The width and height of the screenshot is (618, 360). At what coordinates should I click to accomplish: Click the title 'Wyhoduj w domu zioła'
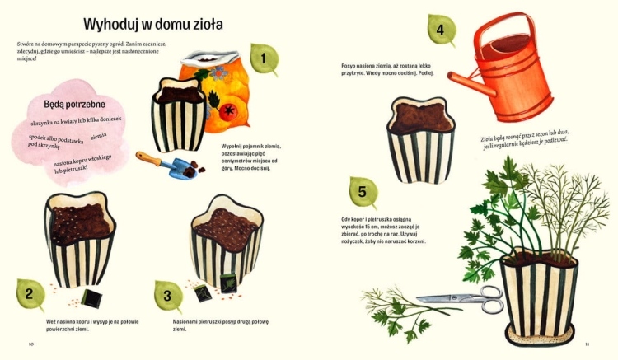pos(153,24)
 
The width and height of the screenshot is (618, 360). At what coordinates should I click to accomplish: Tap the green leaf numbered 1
pos(264,58)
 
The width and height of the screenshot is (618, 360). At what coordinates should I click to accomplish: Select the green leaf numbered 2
pos(30,295)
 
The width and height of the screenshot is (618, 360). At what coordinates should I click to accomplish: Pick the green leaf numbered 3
pos(168,295)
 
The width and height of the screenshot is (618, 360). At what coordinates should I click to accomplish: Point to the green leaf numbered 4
pos(441,30)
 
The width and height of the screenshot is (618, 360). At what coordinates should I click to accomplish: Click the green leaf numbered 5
pos(363,192)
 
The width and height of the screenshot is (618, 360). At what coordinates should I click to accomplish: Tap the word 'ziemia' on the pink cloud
pos(99,136)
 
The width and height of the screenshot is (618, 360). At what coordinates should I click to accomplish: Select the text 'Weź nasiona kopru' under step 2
pos(70,321)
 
